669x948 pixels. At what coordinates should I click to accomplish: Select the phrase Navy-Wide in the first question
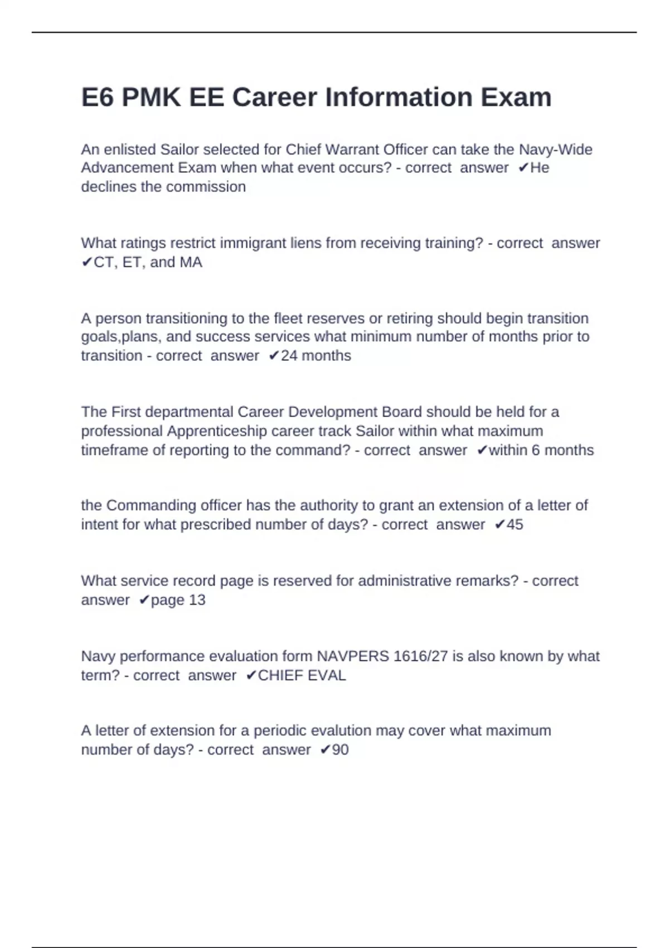point(555,149)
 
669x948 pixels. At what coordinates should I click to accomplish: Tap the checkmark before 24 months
point(274,356)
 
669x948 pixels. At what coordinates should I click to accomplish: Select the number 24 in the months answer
point(289,356)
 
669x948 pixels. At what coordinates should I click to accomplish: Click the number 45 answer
point(515,525)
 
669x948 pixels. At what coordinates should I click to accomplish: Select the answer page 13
point(178,600)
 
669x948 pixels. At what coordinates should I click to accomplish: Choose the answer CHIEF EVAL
point(302,675)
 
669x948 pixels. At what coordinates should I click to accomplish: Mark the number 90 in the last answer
point(340,749)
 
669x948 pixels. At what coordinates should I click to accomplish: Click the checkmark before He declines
point(523,168)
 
